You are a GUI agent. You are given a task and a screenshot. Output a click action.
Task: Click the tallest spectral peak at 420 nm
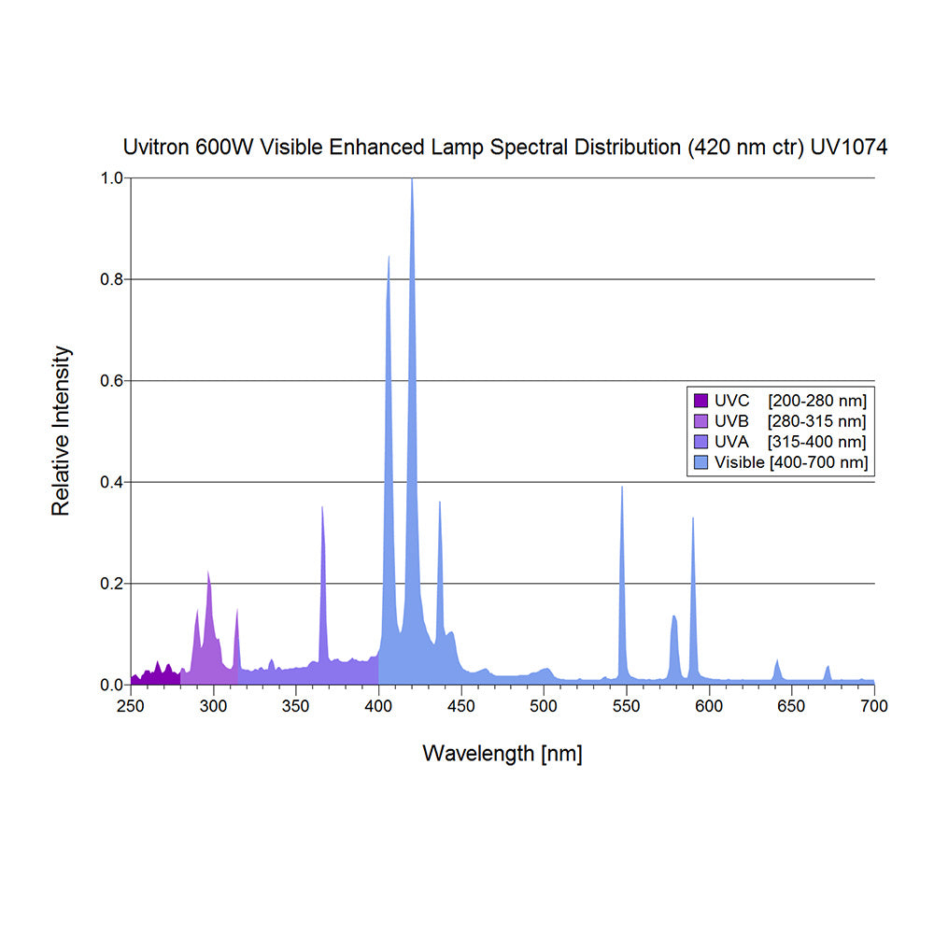pyautogui.click(x=412, y=179)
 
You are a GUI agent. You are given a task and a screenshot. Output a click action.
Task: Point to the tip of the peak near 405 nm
pyautogui.click(x=389, y=256)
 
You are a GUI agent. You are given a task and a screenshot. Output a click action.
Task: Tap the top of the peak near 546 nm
pyautogui.click(x=622, y=488)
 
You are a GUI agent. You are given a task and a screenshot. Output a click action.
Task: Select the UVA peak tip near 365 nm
pyautogui.click(x=322, y=507)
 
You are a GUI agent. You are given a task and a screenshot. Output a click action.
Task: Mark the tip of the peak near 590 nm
pyautogui.click(x=693, y=518)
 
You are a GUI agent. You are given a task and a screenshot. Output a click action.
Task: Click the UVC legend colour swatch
pyautogui.click(x=700, y=401)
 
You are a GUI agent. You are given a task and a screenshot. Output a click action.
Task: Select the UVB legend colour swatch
pyautogui.click(x=700, y=421)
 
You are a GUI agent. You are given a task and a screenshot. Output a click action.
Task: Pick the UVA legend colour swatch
pyautogui.click(x=700, y=442)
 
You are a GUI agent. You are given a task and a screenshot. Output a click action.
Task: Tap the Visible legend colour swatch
pyautogui.click(x=700, y=462)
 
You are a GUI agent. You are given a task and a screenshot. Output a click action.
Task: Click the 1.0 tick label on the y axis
pyautogui.click(x=111, y=177)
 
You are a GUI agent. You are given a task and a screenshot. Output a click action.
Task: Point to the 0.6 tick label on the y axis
pyautogui.click(x=111, y=381)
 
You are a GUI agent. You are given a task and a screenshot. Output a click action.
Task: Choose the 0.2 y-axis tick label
pyautogui.click(x=111, y=584)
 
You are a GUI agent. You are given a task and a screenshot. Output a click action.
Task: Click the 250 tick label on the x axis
pyautogui.click(x=131, y=706)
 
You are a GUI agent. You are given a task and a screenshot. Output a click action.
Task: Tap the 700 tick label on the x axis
pyautogui.click(x=874, y=706)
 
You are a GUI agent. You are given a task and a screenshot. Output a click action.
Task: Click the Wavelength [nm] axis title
pyautogui.click(x=502, y=754)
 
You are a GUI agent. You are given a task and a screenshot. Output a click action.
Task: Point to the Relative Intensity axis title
pyautogui.click(x=62, y=431)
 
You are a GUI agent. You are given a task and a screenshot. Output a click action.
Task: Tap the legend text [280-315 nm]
pyautogui.click(x=816, y=421)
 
